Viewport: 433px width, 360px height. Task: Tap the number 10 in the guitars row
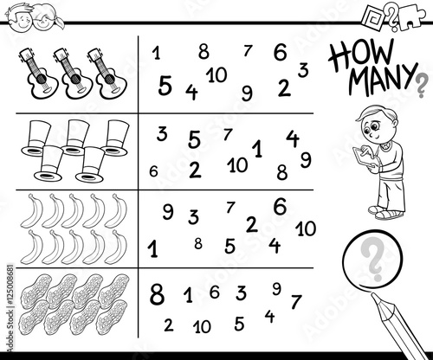(216, 74)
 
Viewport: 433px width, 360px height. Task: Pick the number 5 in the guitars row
(165, 85)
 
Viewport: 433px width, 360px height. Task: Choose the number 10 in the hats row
(236, 163)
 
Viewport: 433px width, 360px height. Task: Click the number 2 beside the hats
(195, 168)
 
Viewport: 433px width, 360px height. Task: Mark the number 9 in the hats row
(306, 158)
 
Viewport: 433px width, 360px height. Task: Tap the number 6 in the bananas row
(279, 206)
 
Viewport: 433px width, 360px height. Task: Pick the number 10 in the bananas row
(305, 228)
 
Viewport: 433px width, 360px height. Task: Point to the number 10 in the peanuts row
(203, 326)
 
